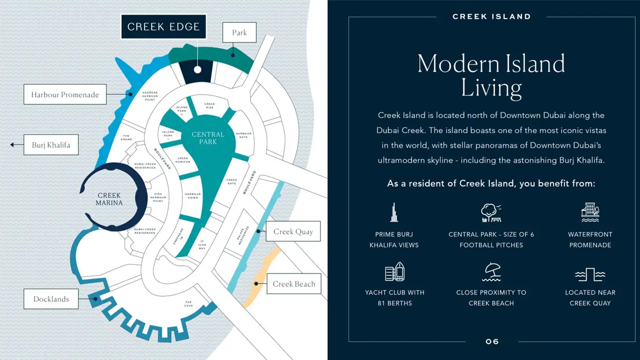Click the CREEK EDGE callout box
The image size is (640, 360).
tap(164, 27)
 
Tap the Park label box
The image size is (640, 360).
tap(239, 33)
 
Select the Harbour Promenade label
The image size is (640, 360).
tap(65, 95)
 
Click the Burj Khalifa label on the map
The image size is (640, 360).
tap(51, 145)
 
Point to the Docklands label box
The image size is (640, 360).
tap(51, 299)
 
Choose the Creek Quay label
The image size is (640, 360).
tap(293, 232)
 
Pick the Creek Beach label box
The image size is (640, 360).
tap(294, 284)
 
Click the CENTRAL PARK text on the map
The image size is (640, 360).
tap(208, 138)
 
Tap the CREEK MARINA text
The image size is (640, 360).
tap(109, 199)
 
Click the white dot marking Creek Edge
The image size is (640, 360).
tap(198, 70)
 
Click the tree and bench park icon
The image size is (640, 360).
tap(491, 213)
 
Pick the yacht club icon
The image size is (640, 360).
tap(394, 271)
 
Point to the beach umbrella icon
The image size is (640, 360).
tap(491, 272)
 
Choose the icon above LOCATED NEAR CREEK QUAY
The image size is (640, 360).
tap(590, 274)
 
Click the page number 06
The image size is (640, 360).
tap(492, 342)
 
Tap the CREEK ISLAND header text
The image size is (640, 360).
tap(491, 16)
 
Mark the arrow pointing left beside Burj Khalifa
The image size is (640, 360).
tap(13, 145)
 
